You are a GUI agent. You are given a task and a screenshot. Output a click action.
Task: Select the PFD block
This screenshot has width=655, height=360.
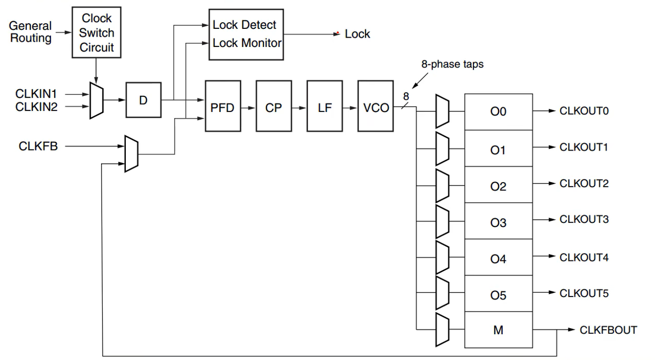223,108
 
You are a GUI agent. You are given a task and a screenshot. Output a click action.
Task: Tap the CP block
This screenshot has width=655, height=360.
273,108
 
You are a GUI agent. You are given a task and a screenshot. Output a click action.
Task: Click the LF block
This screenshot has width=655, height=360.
324,108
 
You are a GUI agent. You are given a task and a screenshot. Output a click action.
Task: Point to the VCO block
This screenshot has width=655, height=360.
375,108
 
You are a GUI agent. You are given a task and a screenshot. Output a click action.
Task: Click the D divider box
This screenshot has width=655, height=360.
143,100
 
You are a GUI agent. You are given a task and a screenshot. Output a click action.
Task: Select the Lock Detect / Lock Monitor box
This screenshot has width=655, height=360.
245,34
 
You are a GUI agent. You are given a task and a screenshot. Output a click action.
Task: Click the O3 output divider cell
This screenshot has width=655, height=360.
498,223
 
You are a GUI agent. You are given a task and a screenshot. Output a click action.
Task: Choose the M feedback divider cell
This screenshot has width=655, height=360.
498,330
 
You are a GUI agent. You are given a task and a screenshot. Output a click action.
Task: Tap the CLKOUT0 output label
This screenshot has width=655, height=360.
584,111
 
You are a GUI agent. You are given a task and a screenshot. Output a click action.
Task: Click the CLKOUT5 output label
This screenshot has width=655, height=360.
584,293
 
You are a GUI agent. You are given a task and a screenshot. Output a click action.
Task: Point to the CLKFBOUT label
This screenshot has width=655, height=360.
608,330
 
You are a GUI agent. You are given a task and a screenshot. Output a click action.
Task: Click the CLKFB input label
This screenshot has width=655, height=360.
38,146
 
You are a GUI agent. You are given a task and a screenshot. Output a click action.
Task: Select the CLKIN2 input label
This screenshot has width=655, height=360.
36,107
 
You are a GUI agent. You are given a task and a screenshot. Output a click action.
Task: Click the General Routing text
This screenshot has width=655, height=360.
30,32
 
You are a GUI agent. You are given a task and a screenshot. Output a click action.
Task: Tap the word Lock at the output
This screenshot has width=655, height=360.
357,34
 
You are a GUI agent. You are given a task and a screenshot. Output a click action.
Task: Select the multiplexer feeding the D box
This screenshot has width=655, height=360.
96,100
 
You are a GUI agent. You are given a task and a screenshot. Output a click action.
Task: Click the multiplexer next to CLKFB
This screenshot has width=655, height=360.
132,154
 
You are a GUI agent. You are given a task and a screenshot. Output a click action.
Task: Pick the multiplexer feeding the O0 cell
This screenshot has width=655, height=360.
443,111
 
